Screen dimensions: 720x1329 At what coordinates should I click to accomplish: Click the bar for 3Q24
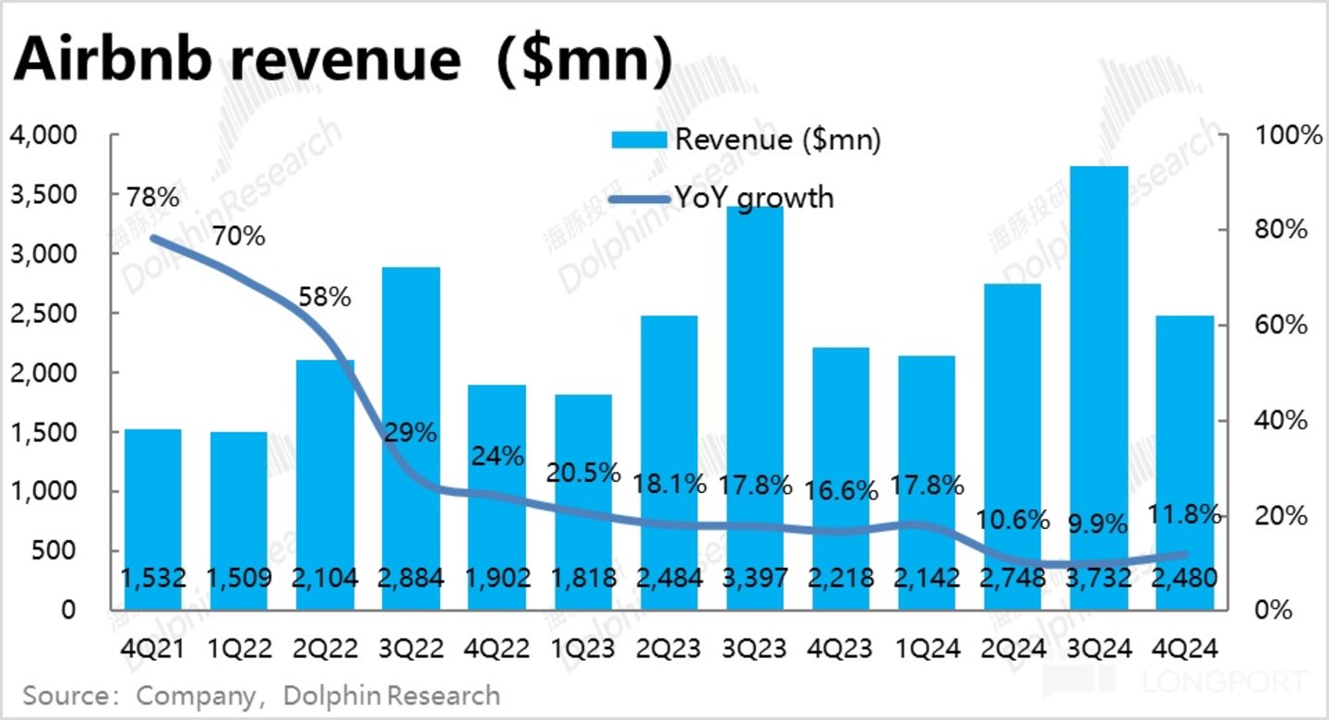(1102, 388)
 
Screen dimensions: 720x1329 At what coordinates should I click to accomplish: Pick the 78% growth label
(153, 198)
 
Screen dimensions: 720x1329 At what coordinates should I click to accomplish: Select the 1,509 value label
(239, 579)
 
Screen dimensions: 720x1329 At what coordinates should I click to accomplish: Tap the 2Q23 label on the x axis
(667, 649)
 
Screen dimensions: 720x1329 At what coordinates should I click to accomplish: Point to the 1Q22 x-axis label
(239, 649)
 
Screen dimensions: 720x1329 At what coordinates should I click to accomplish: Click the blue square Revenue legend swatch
(639, 139)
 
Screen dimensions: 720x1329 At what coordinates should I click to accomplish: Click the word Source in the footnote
(62, 695)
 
